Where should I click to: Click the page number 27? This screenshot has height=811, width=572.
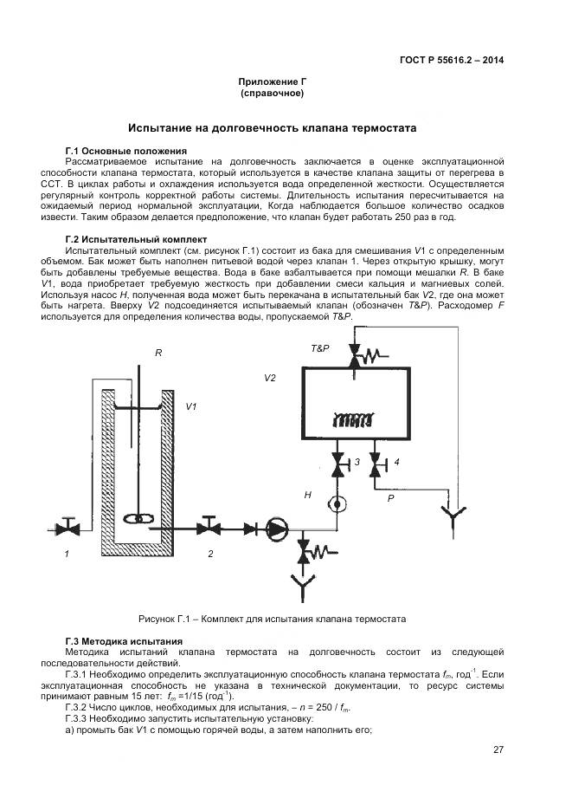pyautogui.click(x=498, y=749)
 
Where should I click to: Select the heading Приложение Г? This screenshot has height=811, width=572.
pyautogui.click(x=273, y=81)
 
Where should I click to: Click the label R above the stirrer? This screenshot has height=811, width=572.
pyautogui.click(x=158, y=354)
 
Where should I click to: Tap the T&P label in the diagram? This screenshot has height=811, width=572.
pyautogui.click(x=320, y=347)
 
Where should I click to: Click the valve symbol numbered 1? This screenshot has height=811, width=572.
pyautogui.click(x=67, y=527)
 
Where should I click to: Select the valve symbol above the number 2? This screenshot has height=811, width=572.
pyautogui.click(x=208, y=527)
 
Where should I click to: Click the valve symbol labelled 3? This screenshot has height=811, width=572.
pyautogui.click(x=336, y=466)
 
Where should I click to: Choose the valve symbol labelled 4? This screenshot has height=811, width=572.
pyautogui.click(x=375, y=466)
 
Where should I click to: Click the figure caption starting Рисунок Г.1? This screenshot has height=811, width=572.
pyautogui.click(x=272, y=619)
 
